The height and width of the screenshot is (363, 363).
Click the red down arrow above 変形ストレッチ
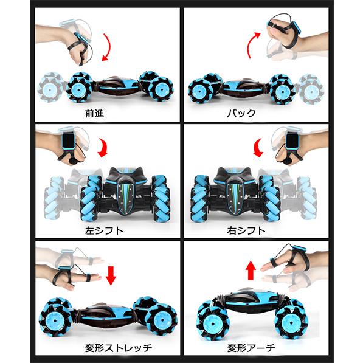click(110, 275)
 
